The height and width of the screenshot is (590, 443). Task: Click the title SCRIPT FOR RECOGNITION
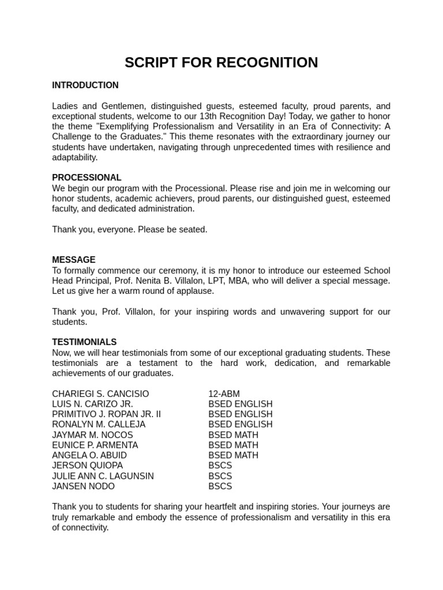point(221,62)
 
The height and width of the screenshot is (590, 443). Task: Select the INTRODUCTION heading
point(85,85)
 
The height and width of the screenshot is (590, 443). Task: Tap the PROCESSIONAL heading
point(87,177)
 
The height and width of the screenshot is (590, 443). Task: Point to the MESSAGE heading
point(74,260)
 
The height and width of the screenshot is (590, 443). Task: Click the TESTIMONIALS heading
point(84,342)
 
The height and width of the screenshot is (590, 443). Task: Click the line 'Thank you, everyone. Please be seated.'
point(129,229)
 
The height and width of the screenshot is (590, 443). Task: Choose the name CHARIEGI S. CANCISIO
point(100,394)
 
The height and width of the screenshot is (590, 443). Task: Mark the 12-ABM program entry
point(224,394)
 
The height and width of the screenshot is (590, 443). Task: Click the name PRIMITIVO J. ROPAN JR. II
point(107,414)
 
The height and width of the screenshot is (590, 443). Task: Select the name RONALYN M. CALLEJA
point(99,425)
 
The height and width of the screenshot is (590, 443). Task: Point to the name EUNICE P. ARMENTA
point(95,445)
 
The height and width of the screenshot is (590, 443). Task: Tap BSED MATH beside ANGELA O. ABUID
point(233,456)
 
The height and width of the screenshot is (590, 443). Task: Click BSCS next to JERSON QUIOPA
point(220,466)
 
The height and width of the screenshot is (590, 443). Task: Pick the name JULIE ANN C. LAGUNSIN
point(103,476)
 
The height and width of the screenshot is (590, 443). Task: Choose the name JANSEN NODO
point(83,486)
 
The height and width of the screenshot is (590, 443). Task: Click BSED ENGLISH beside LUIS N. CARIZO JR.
point(240,404)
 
